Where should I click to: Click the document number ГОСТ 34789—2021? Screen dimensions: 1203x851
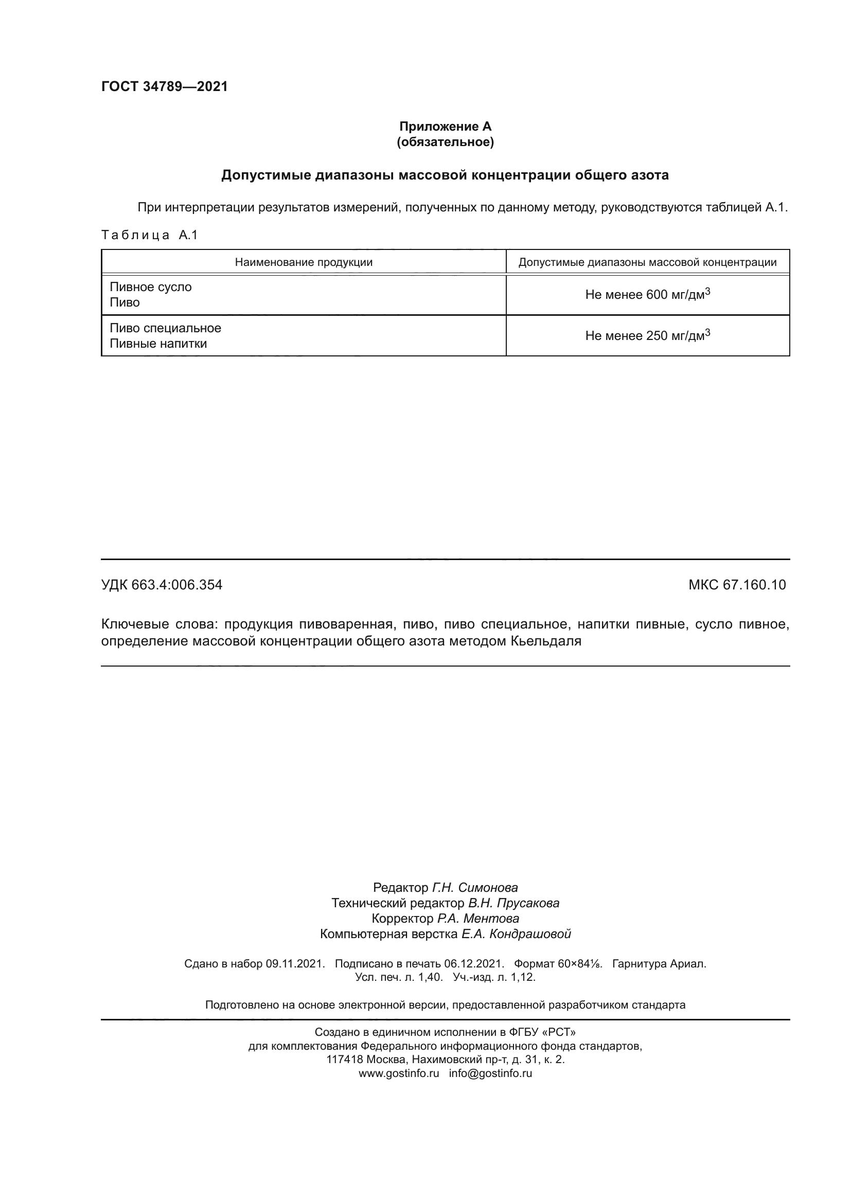pyautogui.click(x=164, y=86)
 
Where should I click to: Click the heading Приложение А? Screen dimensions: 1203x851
pyautogui.click(x=446, y=127)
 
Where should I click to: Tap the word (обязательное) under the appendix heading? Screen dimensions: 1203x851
pyautogui.click(x=446, y=142)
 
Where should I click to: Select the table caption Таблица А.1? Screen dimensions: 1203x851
pyautogui.click(x=149, y=235)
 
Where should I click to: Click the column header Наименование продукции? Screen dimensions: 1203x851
pyautogui.click(x=304, y=262)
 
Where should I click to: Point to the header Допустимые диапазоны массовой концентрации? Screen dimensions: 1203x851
pyautogui.click(x=647, y=262)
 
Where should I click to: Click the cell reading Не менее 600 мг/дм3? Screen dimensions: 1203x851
pyautogui.click(x=647, y=295)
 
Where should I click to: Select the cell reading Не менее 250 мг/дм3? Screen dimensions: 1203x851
pyautogui.click(x=647, y=335)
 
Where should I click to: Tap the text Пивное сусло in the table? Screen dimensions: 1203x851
pyautogui.click(x=150, y=287)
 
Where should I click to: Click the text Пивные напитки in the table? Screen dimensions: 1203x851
pyautogui.click(x=158, y=344)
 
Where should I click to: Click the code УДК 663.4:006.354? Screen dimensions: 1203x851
pyautogui.click(x=162, y=585)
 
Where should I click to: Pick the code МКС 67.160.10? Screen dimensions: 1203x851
pyautogui.click(x=737, y=585)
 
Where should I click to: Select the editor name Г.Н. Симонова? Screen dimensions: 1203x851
pyautogui.click(x=474, y=888)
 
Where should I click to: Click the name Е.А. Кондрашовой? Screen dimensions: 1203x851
pyautogui.click(x=516, y=933)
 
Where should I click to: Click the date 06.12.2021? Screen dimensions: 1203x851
pyautogui.click(x=474, y=963)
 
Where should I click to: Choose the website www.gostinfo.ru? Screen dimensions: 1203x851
pyautogui.click(x=398, y=1073)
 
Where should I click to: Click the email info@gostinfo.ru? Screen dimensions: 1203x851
pyautogui.click(x=490, y=1073)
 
